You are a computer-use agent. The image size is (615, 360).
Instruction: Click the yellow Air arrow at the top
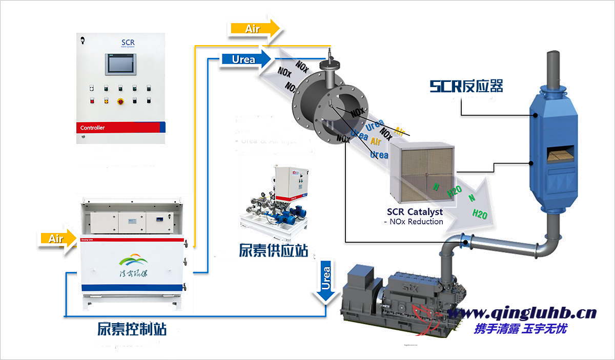tap(254, 29)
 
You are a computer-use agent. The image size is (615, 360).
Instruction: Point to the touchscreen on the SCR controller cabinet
tap(119, 64)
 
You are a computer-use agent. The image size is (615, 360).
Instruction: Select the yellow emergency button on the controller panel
tap(121, 101)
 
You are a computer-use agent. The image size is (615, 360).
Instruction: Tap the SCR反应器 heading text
tap(466, 86)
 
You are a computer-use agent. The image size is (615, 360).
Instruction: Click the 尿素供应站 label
tap(273, 251)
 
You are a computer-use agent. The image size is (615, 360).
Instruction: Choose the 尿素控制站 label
tap(132, 329)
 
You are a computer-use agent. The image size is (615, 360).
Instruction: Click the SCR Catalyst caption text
tap(415, 211)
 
